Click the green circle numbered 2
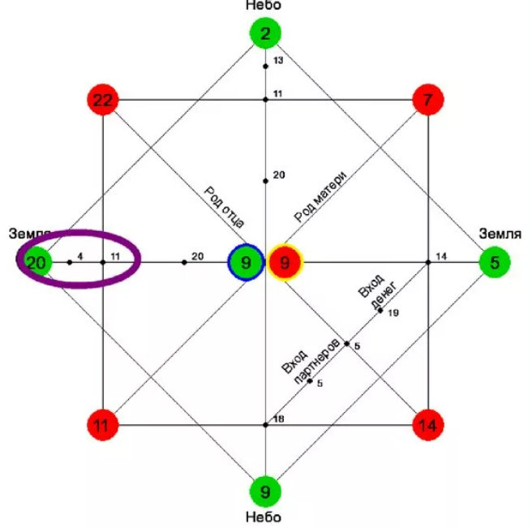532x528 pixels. pyautogui.click(x=265, y=34)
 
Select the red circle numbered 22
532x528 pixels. pyautogui.click(x=103, y=100)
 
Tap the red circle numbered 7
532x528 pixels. pyautogui.click(x=427, y=100)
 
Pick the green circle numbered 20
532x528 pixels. pyautogui.click(x=36, y=262)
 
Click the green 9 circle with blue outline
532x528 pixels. pyautogui.click(x=246, y=262)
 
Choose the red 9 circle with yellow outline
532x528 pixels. pyautogui.click(x=285, y=262)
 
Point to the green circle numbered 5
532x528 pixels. pyautogui.click(x=494, y=262)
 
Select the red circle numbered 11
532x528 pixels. pyautogui.click(x=103, y=424)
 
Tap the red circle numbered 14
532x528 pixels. pyautogui.click(x=427, y=424)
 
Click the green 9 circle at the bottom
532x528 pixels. pyautogui.click(x=265, y=490)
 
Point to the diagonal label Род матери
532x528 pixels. pyautogui.click(x=320, y=196)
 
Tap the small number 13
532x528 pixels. pyautogui.click(x=278, y=61)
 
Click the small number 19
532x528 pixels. pyautogui.click(x=393, y=313)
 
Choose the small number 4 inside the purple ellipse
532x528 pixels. pyautogui.click(x=79, y=256)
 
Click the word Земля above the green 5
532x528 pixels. pyautogui.click(x=499, y=234)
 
